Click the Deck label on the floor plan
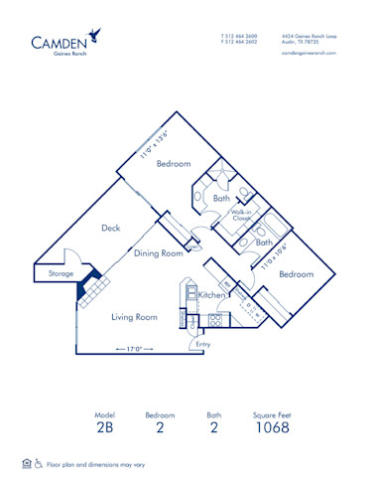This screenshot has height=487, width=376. coord(111,228)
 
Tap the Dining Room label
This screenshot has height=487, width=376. coord(159,253)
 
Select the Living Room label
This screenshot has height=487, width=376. coord(134,317)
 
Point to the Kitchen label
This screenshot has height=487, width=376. coord(212,295)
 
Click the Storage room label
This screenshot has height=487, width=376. coord(54,273)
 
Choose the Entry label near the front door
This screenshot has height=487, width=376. coord(203,344)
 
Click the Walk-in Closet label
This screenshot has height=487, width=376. coord(240,214)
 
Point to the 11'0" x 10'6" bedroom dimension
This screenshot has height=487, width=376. coord(274,255)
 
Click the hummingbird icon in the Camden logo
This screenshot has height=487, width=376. coord(94,35)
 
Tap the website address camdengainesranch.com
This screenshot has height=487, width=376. coord(309,52)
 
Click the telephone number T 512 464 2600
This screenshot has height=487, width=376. coord(238,35)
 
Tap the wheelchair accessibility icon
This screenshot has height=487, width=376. coord(39,463)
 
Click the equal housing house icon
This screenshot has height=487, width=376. coord(26,463)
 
